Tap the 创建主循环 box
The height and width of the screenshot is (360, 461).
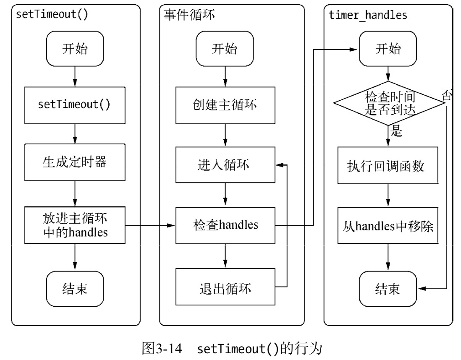pos(225,104)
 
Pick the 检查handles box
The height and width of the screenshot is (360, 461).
pos(225,225)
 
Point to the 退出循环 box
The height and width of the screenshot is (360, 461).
pos(225,287)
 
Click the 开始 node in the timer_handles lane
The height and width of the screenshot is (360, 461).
pos(388,50)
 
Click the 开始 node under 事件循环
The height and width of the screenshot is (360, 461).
pos(225,50)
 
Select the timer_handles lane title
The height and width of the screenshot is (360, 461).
pos(368,15)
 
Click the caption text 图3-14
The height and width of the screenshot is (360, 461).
pos(162,348)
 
